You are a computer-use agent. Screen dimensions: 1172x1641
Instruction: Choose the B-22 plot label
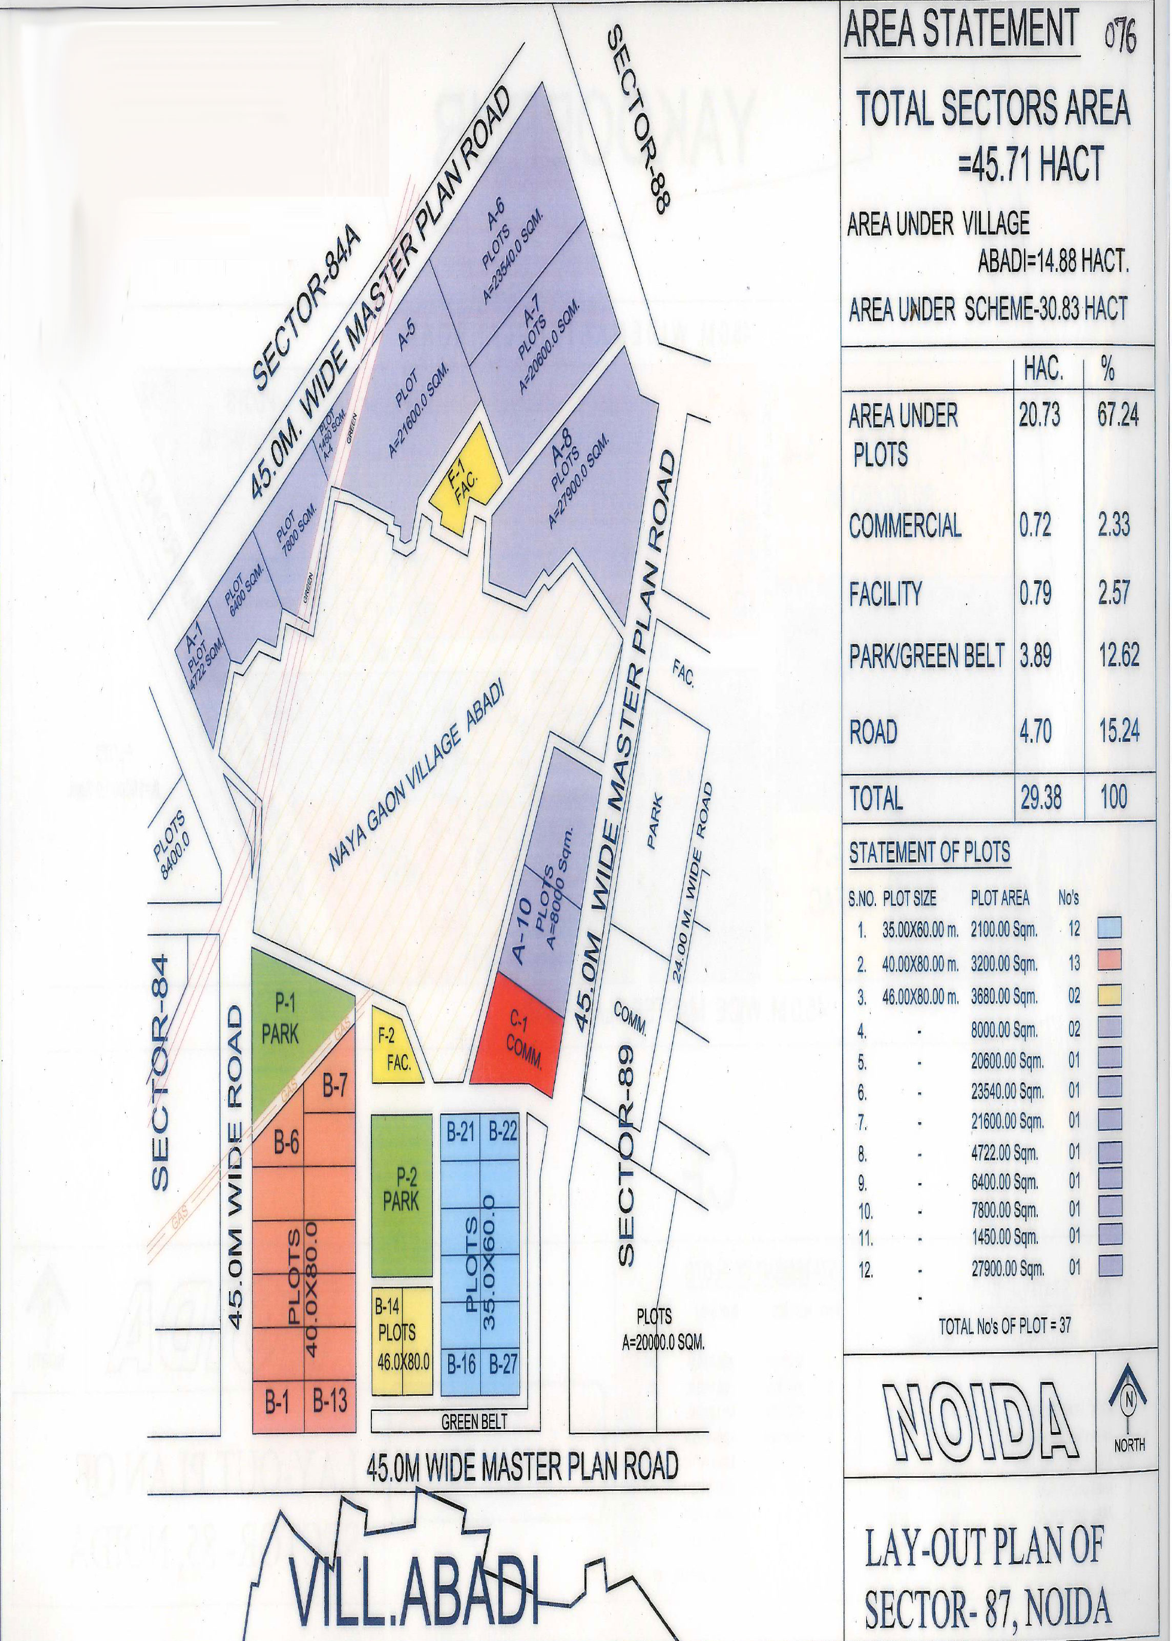503,1131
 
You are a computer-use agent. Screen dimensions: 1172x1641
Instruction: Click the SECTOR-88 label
638,119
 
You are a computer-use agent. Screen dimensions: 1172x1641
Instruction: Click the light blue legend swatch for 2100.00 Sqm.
1109,928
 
